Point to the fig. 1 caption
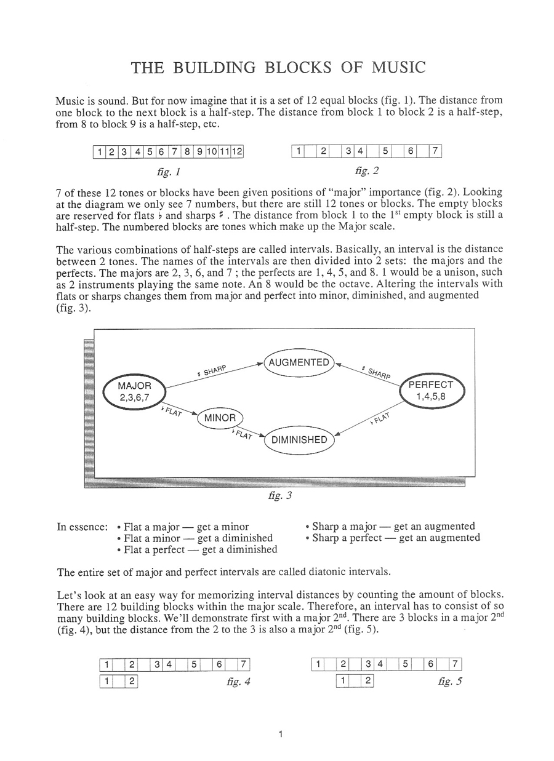(x=168, y=171)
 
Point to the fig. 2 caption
(x=367, y=171)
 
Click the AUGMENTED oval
(x=299, y=363)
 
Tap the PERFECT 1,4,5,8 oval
(x=435, y=391)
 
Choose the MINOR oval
(x=220, y=418)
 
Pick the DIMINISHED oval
(x=299, y=440)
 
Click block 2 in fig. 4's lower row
(x=132, y=681)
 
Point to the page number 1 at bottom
(x=280, y=734)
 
